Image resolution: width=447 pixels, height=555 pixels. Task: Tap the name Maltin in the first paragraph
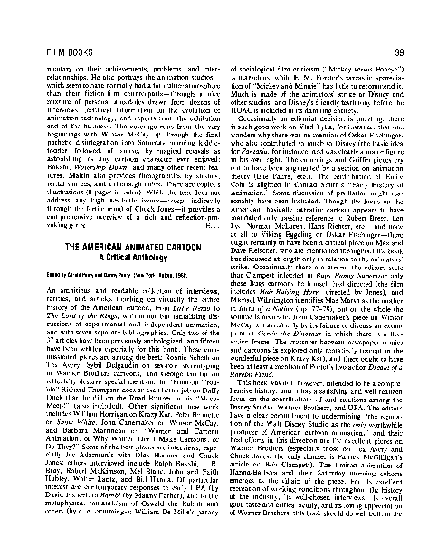coord(59,121)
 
